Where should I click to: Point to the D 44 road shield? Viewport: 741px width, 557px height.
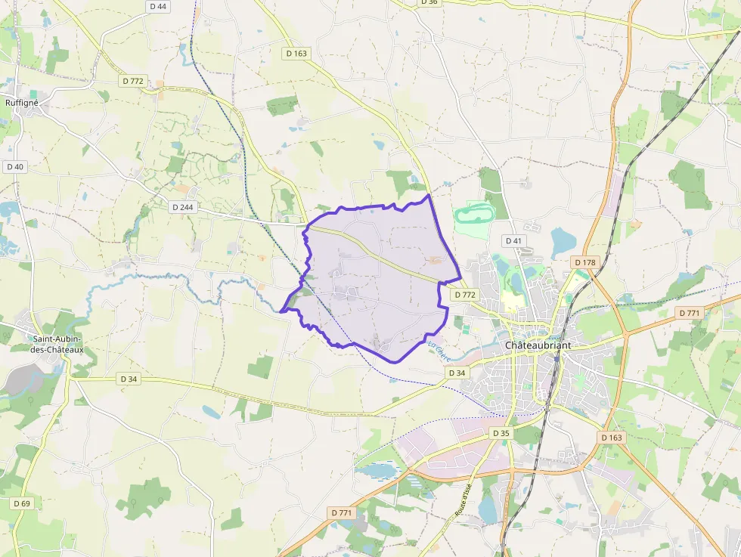[158, 6]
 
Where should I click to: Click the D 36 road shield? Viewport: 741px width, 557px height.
[428, 2]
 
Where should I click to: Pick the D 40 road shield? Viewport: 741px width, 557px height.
[14, 166]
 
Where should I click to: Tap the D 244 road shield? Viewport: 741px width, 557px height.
[183, 206]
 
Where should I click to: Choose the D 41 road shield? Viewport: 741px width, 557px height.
[513, 240]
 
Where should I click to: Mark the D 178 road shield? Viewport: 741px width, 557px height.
[585, 262]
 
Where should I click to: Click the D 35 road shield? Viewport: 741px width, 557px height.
[501, 433]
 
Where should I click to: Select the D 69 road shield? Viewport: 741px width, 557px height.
[22, 503]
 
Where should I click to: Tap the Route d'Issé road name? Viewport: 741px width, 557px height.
[463, 500]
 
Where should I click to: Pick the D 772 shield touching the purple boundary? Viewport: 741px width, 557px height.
[464, 295]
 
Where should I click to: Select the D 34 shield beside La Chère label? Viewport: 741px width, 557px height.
[456, 373]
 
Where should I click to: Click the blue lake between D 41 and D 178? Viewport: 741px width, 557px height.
[563, 242]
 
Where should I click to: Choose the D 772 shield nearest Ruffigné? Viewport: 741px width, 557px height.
[132, 81]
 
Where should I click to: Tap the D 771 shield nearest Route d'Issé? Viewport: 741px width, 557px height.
[342, 512]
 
